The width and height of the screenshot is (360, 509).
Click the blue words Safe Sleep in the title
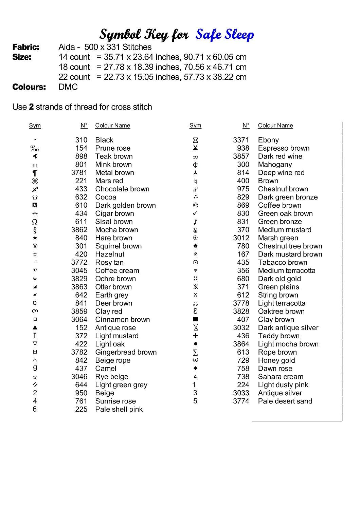point(224,35)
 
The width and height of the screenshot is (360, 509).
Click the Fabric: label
point(26,47)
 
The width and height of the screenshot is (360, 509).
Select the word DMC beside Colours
point(68,87)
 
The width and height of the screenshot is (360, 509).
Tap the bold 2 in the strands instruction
point(31,107)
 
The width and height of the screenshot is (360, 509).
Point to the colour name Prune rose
point(113,148)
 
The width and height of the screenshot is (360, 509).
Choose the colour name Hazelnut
point(110,254)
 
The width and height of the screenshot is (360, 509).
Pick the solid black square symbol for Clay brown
point(195,319)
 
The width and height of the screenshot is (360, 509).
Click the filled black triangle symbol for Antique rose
point(35,327)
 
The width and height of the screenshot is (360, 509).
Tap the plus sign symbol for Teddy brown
point(195,336)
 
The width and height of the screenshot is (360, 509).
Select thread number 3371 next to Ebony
point(241,140)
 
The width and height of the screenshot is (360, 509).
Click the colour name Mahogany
point(275,165)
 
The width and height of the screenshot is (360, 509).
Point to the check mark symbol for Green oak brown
point(195,213)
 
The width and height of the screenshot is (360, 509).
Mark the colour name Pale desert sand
point(285,401)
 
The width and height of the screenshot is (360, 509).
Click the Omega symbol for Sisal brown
point(35,222)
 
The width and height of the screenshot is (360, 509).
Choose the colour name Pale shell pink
point(119,409)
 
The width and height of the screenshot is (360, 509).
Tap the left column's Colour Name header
point(113,126)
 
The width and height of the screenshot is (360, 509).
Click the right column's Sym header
point(195,126)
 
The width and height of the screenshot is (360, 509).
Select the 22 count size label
point(74,77)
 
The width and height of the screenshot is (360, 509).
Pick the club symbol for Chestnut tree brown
point(195,246)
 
